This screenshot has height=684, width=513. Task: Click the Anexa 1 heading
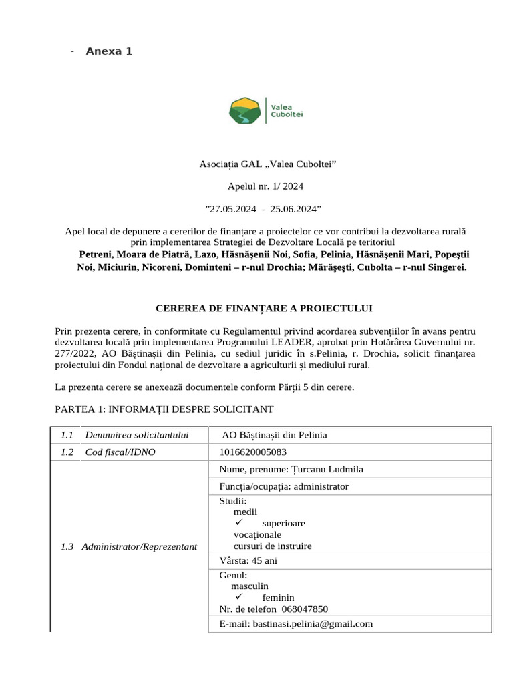click(109, 51)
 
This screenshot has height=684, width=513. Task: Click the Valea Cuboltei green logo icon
click(246, 110)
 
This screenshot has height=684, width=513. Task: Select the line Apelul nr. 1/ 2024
click(265, 186)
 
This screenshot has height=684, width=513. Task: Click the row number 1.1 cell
click(66, 435)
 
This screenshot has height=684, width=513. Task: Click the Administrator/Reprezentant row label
click(139, 546)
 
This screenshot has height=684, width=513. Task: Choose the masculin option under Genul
click(250, 586)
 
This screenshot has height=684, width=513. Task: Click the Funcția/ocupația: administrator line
click(284, 486)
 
